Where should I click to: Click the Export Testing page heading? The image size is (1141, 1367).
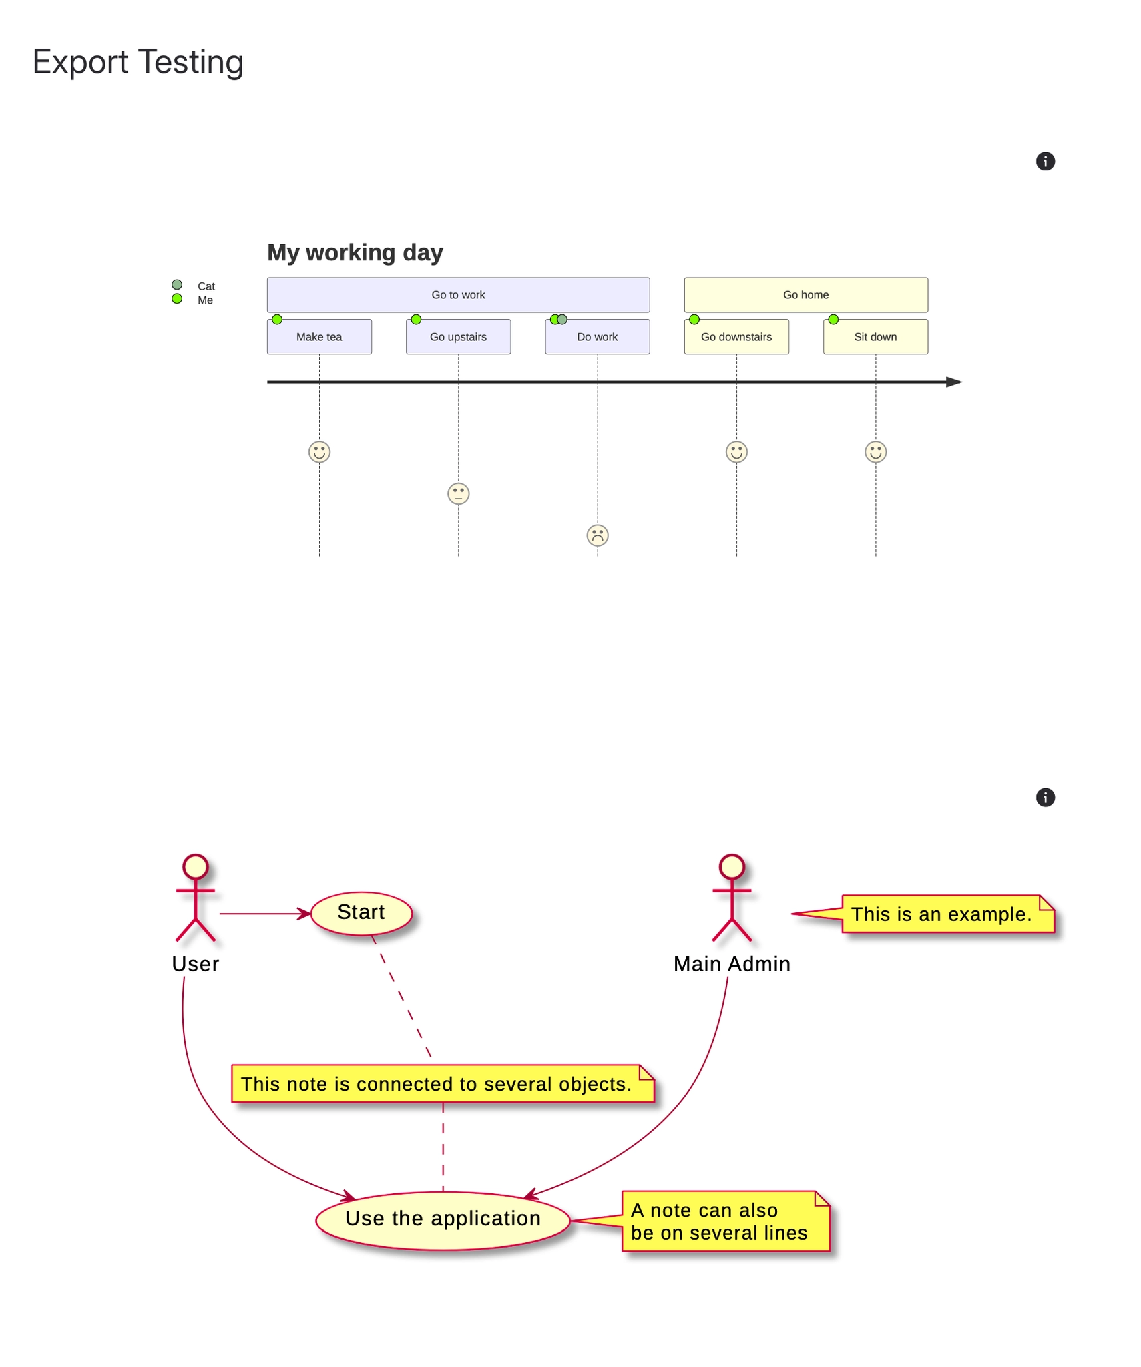coord(138,62)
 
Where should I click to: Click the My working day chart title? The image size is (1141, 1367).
coord(355,252)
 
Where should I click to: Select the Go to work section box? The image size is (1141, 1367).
coord(458,294)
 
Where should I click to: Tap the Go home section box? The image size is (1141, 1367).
coord(805,294)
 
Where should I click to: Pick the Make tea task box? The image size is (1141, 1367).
coord(319,336)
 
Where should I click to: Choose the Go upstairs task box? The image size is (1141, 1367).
coord(458,336)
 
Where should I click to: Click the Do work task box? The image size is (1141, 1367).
coord(597,336)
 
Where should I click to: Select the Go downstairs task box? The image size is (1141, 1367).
coord(736,336)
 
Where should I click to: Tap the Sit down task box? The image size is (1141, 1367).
coord(875,336)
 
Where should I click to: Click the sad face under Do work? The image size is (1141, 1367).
coord(597,535)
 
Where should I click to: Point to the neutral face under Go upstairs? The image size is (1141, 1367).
coord(458,493)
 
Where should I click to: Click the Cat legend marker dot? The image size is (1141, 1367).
coord(177,284)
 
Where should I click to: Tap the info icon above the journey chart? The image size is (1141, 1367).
coord(1044,161)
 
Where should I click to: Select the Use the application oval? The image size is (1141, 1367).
coord(443,1219)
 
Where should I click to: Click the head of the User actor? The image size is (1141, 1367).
coord(196,866)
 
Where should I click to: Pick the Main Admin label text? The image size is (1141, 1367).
coord(731,963)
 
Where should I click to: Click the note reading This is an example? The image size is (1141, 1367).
coord(946,913)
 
